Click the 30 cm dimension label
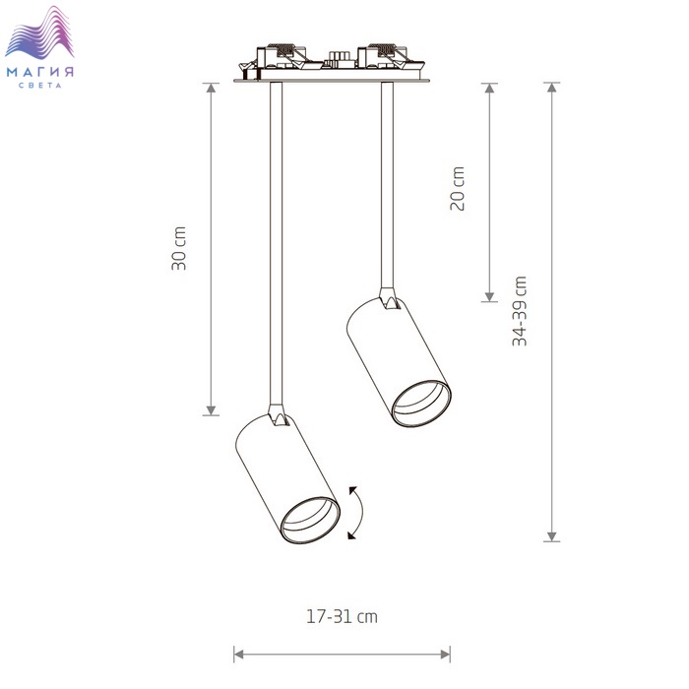[x=179, y=248]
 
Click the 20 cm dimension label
[x=458, y=189]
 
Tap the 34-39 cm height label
[x=520, y=311]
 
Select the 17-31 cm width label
[x=342, y=616]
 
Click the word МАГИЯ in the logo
[x=40, y=72]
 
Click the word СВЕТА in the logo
[x=40, y=86]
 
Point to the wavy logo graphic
[x=39, y=32]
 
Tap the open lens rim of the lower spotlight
[x=310, y=521]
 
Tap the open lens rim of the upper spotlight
[x=421, y=404]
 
